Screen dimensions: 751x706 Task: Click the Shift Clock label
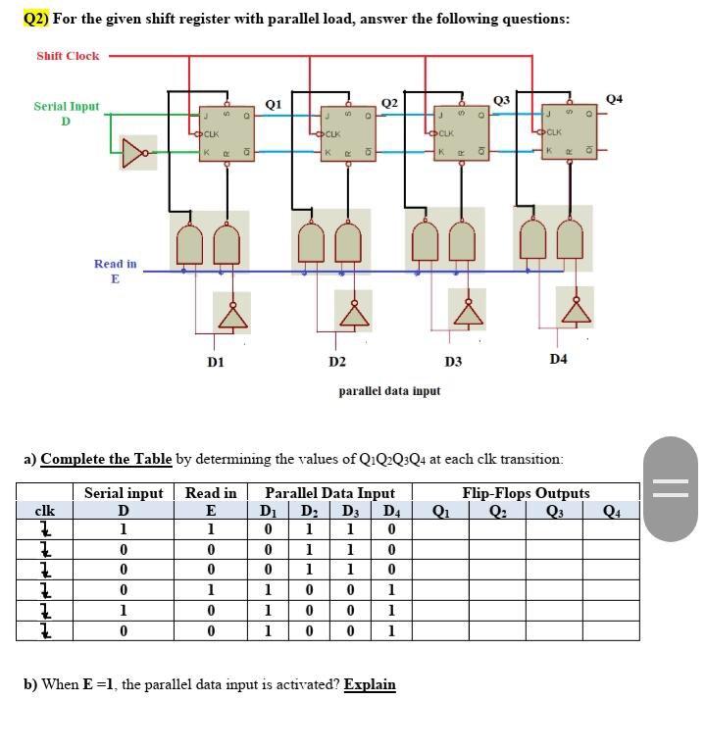click(68, 56)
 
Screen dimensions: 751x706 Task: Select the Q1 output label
click(274, 103)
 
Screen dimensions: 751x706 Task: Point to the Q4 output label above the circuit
click(615, 99)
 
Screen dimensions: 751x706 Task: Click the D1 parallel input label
click(216, 362)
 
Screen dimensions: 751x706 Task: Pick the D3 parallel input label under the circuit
click(453, 362)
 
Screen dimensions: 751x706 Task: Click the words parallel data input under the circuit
click(389, 390)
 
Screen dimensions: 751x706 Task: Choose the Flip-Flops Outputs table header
click(526, 493)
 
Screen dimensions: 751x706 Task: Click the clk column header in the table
click(44, 510)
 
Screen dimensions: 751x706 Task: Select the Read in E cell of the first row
click(210, 529)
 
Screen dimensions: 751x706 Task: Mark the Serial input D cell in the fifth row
click(123, 610)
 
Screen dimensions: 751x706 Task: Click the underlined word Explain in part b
click(370, 684)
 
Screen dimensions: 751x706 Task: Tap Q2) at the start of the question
click(35, 19)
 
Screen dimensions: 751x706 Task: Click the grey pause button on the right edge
click(672, 488)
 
